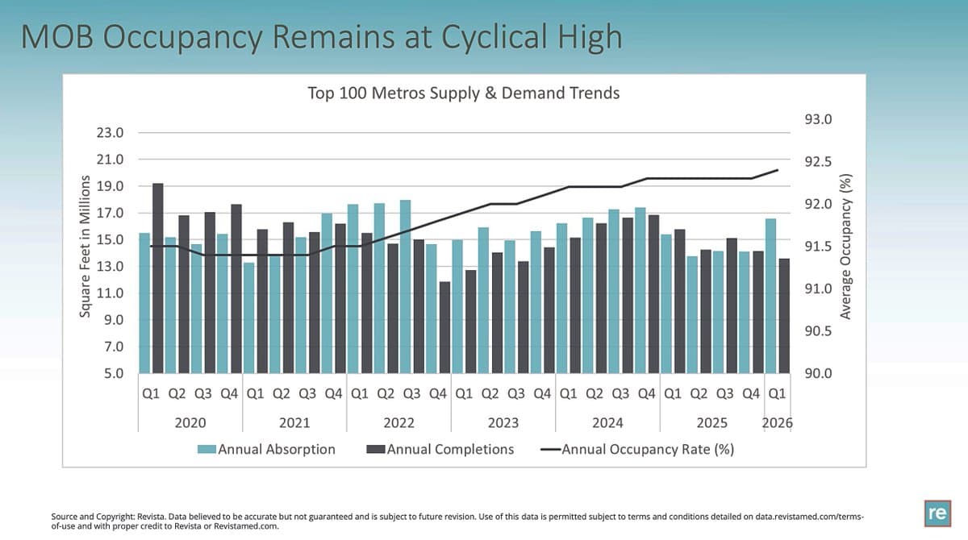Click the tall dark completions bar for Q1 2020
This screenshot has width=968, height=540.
point(158,278)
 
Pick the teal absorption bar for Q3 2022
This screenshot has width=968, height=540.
point(406,286)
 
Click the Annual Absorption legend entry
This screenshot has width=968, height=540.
point(268,449)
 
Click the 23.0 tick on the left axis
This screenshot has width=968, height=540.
point(110,132)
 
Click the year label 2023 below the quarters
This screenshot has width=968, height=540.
point(503,422)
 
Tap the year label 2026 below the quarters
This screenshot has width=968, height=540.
point(778,422)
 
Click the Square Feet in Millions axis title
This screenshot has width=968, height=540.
point(84,249)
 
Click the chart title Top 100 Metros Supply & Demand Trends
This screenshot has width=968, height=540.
point(463,93)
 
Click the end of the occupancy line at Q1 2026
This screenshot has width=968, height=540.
point(778,170)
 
